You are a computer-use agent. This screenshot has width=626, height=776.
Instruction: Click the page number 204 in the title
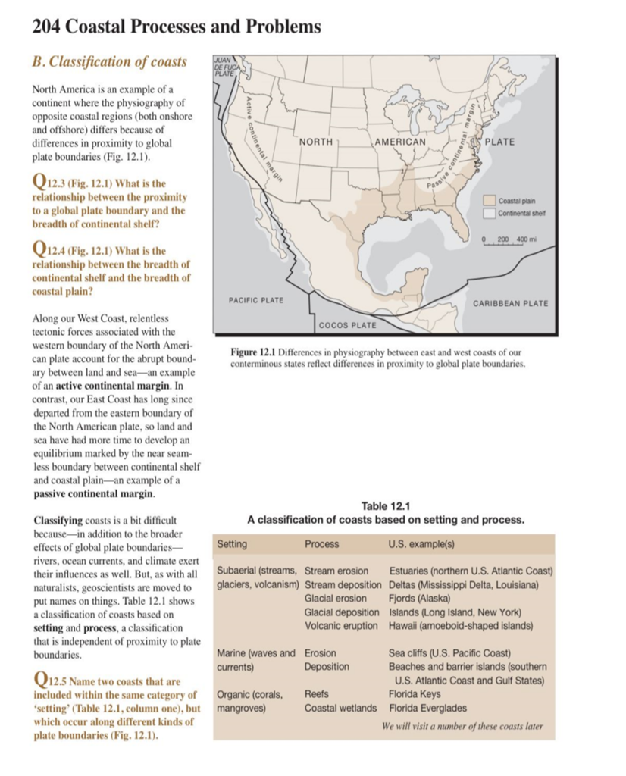(48, 27)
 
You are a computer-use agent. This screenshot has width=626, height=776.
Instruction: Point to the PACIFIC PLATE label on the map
(256, 301)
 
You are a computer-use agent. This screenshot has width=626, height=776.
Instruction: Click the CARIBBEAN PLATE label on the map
(510, 304)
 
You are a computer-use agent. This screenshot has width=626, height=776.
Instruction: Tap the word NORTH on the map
(316, 142)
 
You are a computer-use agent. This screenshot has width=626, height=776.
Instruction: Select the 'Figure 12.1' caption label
(252, 352)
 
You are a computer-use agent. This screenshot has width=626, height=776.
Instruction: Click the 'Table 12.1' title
(387, 506)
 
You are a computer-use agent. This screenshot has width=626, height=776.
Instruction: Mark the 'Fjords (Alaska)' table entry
(419, 598)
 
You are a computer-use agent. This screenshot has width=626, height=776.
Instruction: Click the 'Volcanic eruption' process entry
(342, 625)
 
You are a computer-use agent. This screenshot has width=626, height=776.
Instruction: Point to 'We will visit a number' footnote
(463, 725)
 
